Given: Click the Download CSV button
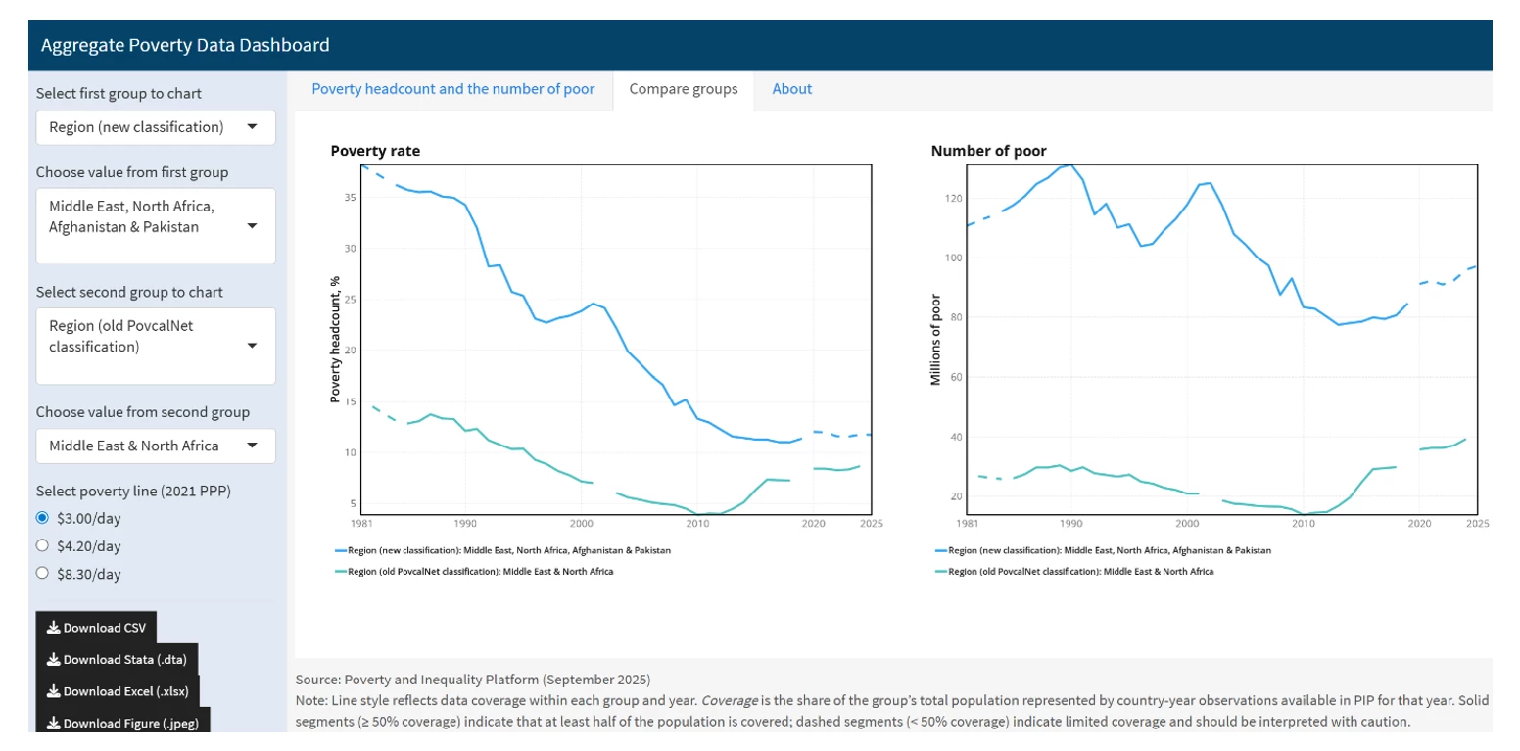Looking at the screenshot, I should coord(96,628).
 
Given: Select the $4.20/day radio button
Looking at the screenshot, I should coord(42,545).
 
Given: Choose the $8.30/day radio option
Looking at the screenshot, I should coord(42,574).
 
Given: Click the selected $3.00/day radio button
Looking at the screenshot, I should coord(42,518).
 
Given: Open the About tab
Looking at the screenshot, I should coord(791,89).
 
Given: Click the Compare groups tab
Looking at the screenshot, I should coord(683,89).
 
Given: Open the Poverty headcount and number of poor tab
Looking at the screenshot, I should coord(452,89).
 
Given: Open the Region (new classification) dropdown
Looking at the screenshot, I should coord(155,127).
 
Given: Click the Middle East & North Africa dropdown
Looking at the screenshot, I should coord(155,446).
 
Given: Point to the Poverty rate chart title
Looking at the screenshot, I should coord(375,151).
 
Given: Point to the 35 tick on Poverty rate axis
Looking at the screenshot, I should coord(350,198).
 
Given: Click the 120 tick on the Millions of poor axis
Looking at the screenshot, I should coord(949,199).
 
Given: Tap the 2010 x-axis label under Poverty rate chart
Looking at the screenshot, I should coord(697,524).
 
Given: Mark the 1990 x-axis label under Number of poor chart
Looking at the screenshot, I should coord(1071,524).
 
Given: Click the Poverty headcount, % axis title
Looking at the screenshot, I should coord(335,339).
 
